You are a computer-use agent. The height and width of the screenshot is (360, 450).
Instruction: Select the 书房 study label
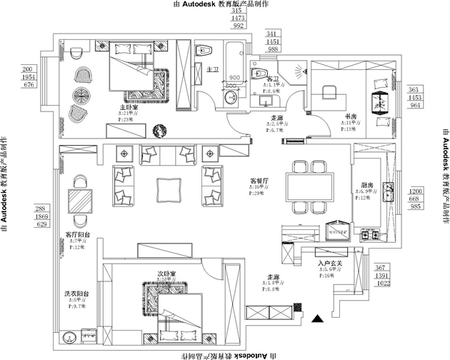coord(351,116)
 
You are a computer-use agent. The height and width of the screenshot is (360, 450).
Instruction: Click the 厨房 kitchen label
coord(359,192)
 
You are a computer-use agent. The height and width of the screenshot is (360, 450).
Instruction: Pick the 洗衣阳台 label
coord(76,294)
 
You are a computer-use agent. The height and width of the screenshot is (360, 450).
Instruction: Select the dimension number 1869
coord(42,216)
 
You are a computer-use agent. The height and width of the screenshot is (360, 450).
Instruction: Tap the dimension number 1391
coord(384,275)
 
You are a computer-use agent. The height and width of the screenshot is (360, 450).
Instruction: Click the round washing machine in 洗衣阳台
coord(70,341)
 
